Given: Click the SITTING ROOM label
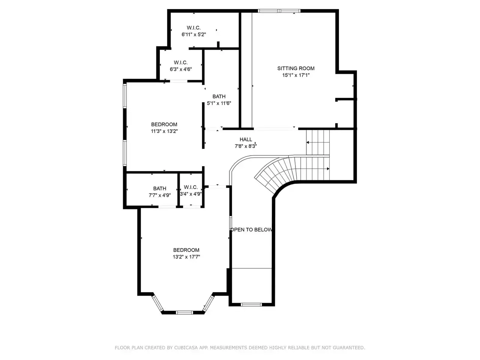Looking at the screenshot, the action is coord(296,68).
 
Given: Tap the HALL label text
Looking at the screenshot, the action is coord(246,139).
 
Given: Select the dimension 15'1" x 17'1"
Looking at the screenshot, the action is coord(296,75).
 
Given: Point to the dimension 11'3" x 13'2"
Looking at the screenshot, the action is coord(164,131).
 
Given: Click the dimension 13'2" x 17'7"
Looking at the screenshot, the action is coord(186,256).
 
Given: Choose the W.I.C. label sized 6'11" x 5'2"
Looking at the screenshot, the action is coord(194,28).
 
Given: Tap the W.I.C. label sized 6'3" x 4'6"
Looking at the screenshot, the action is coord(181,63).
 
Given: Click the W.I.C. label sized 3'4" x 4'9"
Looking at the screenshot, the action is coord(191,187).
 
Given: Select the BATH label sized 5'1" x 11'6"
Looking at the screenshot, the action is coord(219,96).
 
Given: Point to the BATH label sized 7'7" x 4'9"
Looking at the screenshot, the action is coord(160,188).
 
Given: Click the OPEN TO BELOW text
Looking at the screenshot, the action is coord(252,229).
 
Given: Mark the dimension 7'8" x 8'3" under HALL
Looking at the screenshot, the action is coord(246,146).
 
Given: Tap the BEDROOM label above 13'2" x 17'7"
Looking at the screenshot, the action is coord(186,250).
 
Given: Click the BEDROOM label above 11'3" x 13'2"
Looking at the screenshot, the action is coord(164,124).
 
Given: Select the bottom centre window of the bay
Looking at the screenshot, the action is coord(184,313).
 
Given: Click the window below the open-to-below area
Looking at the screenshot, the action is coord(251,304).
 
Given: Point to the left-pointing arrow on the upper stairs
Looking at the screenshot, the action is coord(307,142).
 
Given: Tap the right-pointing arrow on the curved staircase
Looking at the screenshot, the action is coord(328,169).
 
